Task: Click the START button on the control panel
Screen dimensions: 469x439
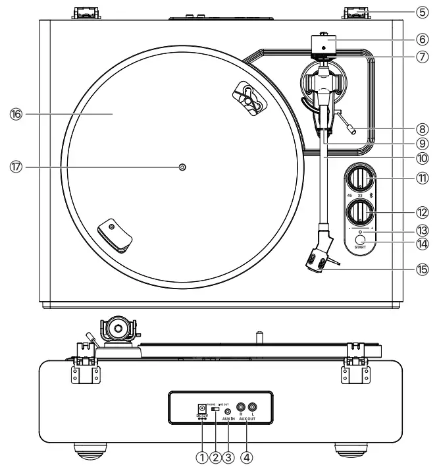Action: pyautogui.click(x=360, y=240)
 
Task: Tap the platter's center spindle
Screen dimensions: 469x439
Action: pyautogui.click(x=183, y=167)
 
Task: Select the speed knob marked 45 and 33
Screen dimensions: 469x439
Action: pyautogui.click(x=360, y=180)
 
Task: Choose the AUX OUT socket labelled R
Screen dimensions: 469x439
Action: pyautogui.click(x=241, y=408)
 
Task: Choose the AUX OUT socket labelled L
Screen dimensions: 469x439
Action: pyautogui.click(x=253, y=408)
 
